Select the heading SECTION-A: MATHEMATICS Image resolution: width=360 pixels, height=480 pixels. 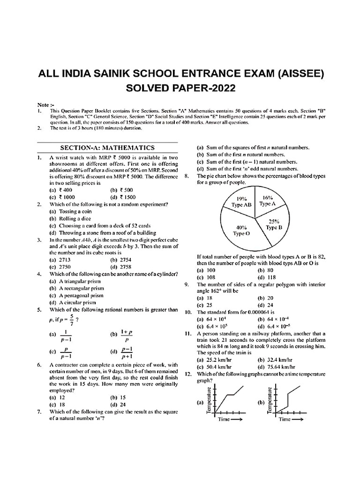[107, 148]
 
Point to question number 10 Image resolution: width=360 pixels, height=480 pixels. [189, 312]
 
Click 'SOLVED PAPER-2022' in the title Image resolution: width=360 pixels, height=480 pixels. [180, 88]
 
